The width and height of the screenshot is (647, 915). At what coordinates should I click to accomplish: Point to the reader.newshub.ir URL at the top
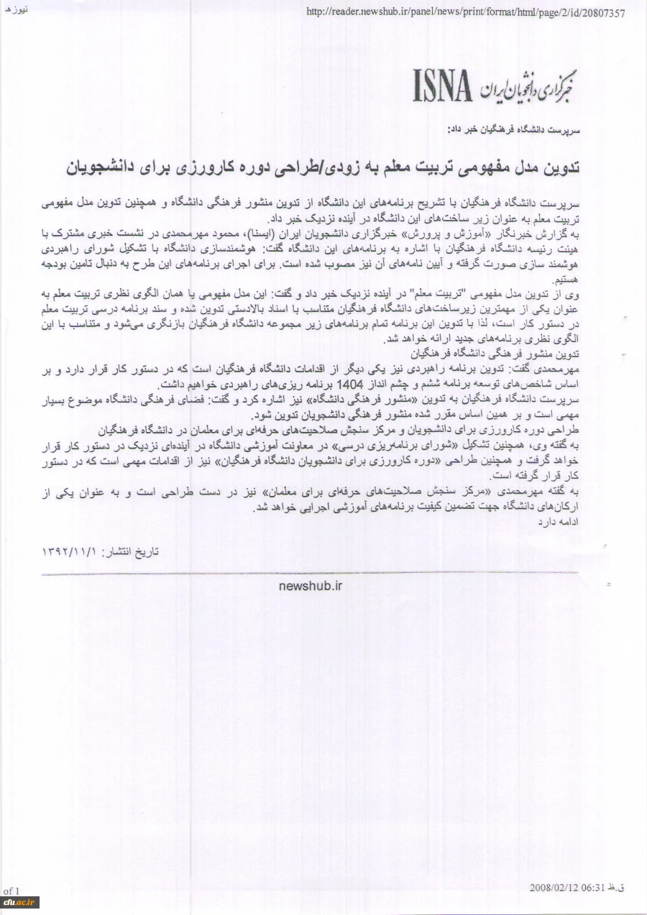(465, 12)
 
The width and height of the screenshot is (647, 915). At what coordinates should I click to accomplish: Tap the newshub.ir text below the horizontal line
(310, 585)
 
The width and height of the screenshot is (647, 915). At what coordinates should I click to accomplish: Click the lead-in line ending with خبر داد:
(507, 131)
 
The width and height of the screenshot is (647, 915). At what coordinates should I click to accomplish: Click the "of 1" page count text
(12, 891)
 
